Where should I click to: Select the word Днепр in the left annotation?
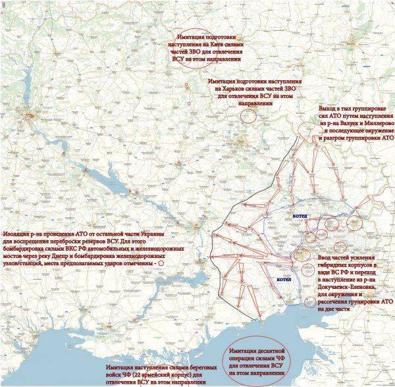[x=113, y=254]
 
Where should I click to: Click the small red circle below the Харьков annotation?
[x=248, y=116]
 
